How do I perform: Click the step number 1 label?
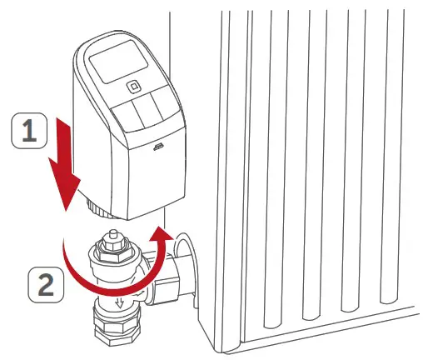tap(28, 132)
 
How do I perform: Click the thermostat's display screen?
tap(122, 61)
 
